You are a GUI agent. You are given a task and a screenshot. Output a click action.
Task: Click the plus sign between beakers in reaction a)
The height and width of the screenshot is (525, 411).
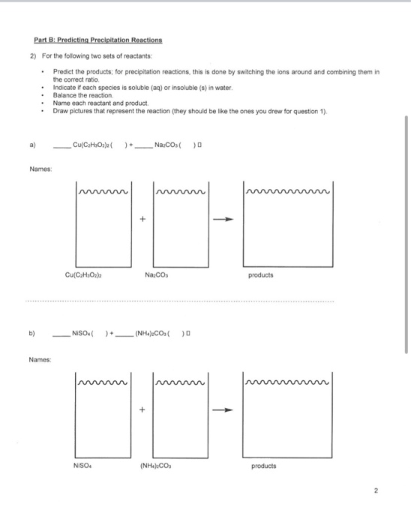[x=141, y=219]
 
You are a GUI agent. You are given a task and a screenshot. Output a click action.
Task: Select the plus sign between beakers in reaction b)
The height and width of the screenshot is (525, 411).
[x=141, y=409]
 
